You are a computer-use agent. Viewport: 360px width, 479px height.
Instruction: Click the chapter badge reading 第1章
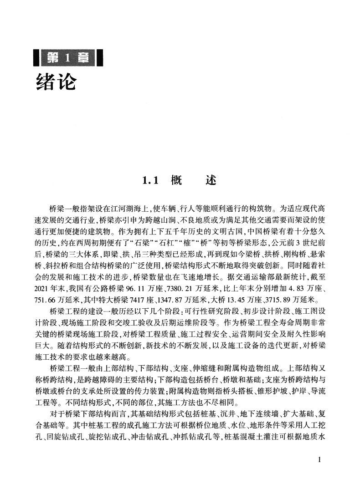pos(66,58)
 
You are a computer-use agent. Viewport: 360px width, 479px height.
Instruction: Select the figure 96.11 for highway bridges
pos(137,288)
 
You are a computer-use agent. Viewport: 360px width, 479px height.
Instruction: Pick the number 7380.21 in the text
pos(191,288)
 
